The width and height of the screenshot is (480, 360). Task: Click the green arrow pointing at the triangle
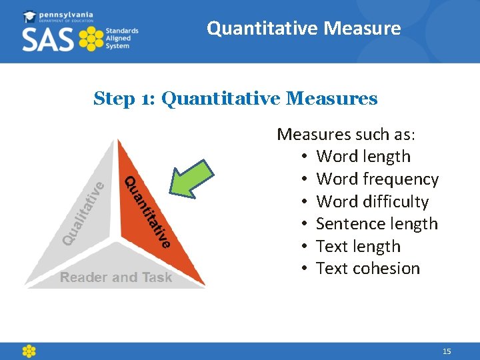(x=195, y=176)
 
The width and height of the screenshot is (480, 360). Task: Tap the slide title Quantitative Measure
(x=303, y=29)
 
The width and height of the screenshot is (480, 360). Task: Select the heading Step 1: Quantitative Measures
(x=235, y=99)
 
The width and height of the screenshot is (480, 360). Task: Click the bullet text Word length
(x=363, y=157)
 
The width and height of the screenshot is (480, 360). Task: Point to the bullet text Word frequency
(x=377, y=179)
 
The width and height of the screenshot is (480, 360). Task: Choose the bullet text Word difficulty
(x=372, y=201)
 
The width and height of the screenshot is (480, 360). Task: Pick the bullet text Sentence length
(x=377, y=224)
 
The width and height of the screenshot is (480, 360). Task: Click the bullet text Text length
(x=358, y=247)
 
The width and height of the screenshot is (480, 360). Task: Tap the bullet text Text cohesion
(x=368, y=269)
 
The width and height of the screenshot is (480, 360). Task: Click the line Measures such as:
(x=346, y=135)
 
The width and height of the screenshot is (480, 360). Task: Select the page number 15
(x=447, y=351)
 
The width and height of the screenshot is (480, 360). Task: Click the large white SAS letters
(x=49, y=40)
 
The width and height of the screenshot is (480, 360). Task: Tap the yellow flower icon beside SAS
(x=91, y=39)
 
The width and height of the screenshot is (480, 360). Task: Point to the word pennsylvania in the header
(x=67, y=14)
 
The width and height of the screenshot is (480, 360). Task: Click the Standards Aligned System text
(x=121, y=39)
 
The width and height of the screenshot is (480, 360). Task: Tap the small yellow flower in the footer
(x=29, y=351)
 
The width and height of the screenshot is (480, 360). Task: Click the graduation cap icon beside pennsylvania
(x=30, y=16)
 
